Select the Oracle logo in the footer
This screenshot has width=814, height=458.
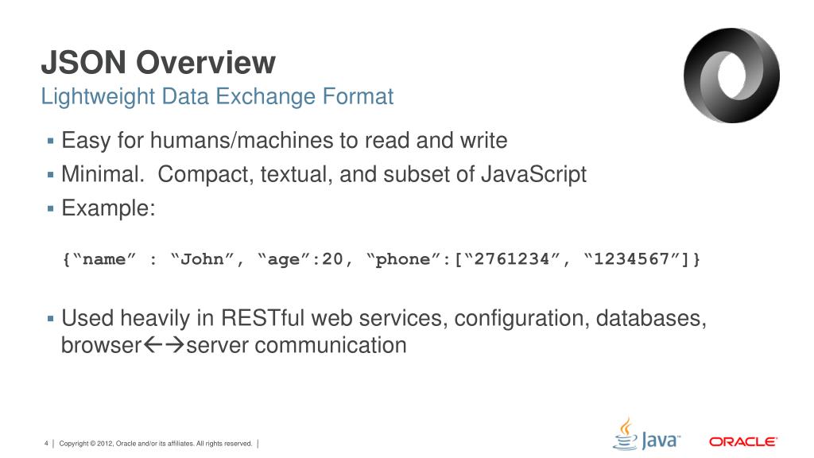point(742,441)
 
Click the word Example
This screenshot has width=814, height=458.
point(108,208)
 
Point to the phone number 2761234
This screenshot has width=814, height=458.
point(511,260)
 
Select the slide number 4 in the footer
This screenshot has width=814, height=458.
point(46,443)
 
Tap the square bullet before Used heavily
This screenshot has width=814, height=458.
point(50,319)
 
